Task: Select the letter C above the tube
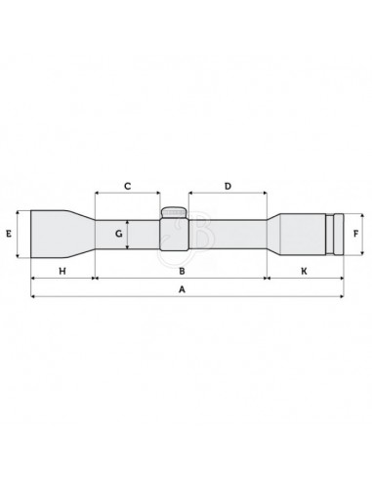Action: coord(127,185)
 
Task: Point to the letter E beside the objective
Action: coord(8,235)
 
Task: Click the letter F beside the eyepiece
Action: coord(357,235)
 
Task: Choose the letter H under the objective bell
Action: coord(62,269)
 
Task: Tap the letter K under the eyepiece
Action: coord(304,269)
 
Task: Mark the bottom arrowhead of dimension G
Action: coord(129,250)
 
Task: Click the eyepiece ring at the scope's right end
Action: coord(337,235)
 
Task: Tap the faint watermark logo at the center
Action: coord(183,235)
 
